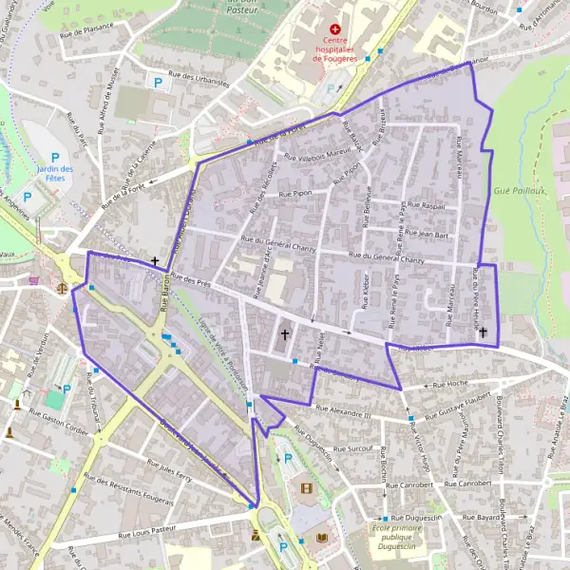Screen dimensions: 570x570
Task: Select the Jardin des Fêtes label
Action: click(x=55, y=175)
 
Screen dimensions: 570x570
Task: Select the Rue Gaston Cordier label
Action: click(x=59, y=418)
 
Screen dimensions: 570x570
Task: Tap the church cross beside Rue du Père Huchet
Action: click(x=483, y=332)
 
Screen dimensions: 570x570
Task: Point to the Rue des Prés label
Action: click(x=190, y=279)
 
